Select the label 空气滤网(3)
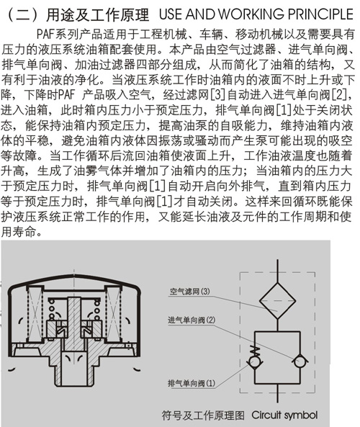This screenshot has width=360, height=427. (x=190, y=292)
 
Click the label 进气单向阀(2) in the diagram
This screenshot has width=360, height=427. (x=192, y=320)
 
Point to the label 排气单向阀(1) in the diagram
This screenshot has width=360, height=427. (x=192, y=383)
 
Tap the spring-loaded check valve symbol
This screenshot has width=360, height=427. (x=255, y=357)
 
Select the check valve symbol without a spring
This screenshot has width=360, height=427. (x=300, y=361)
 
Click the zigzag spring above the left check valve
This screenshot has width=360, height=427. (x=255, y=351)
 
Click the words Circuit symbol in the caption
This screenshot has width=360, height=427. (x=284, y=415)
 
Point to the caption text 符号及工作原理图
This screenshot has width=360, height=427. (x=203, y=415)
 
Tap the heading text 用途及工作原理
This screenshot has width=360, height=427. (x=97, y=14)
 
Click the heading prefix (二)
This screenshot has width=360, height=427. (x=23, y=14)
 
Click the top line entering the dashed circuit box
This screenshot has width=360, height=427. (x=277, y=271)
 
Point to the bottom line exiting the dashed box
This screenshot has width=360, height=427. (x=277, y=393)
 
